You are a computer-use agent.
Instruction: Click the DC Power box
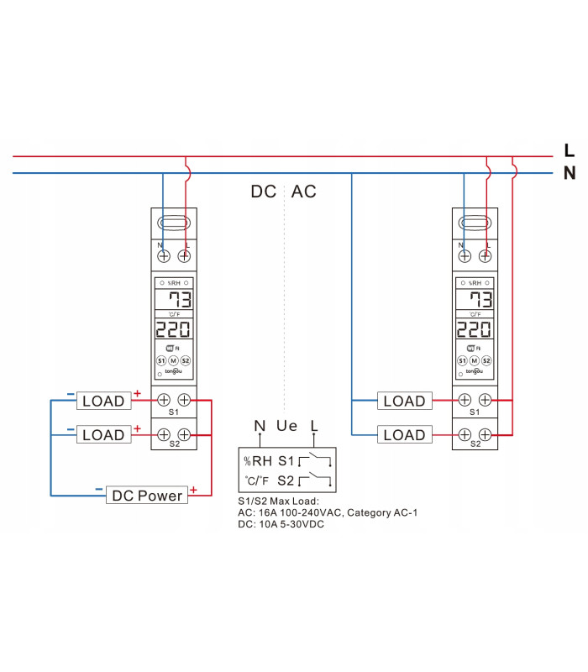click(x=147, y=496)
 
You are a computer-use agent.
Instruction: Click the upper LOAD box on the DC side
click(x=103, y=401)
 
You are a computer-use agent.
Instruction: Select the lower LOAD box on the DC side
click(x=103, y=435)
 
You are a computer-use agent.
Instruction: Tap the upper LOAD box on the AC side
click(x=404, y=401)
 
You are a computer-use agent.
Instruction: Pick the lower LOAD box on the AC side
click(x=404, y=435)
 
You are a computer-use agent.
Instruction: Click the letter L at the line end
click(x=570, y=151)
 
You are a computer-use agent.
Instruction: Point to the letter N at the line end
click(x=570, y=174)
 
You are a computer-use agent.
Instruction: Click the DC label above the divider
click(x=264, y=192)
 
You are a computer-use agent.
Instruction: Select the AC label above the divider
click(x=303, y=192)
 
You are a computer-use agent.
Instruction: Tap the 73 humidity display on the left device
click(x=179, y=301)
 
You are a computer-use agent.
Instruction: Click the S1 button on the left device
click(x=161, y=360)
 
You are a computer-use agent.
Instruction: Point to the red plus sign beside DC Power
click(x=194, y=489)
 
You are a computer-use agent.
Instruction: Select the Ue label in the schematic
click(x=287, y=426)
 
